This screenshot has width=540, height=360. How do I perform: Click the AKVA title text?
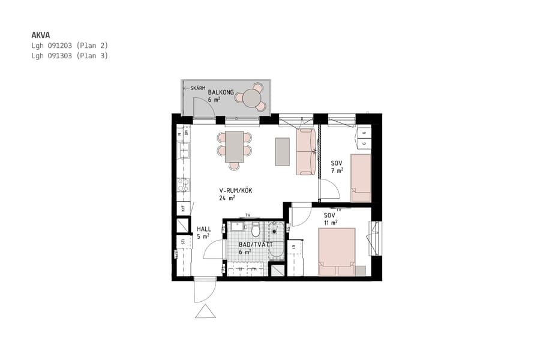[41, 35]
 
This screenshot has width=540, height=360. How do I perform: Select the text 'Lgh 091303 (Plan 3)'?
[69, 56]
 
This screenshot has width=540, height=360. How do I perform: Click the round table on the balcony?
[252, 97]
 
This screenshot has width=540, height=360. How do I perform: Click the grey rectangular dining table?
[235, 146]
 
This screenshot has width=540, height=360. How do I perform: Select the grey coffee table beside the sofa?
[282, 151]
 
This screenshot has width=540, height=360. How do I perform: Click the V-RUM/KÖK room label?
[235, 191]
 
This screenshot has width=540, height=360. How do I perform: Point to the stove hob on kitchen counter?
[183, 185]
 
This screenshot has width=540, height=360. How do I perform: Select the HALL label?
[203, 229]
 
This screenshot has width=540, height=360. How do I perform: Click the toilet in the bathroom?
[256, 230]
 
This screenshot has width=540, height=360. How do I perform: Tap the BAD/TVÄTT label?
[256, 245]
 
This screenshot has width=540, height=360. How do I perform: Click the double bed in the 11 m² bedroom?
[336, 251]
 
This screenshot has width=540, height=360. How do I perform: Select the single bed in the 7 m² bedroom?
[361, 178]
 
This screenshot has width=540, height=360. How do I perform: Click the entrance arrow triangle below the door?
[205, 311]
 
